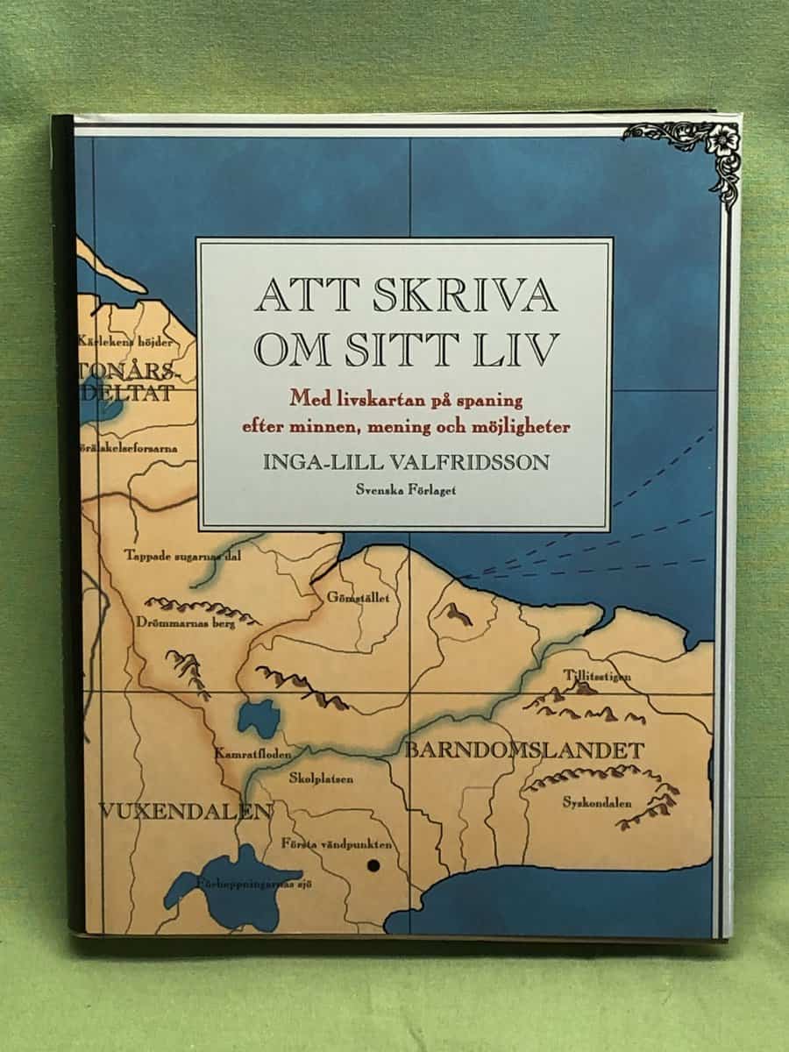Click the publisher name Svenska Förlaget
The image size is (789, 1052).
404,490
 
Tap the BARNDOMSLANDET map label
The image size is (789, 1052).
524,751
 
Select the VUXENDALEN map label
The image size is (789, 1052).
185,811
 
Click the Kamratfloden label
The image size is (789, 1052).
252,753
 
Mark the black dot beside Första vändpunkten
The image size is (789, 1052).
373,865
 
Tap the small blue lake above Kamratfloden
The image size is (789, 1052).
259,716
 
